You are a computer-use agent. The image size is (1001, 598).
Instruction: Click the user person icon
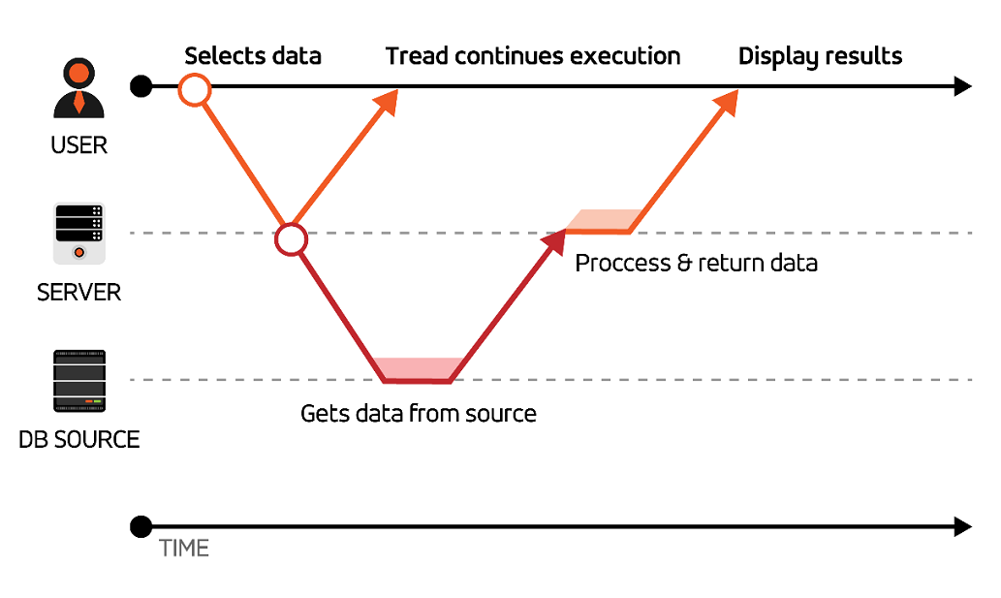[x=78, y=88]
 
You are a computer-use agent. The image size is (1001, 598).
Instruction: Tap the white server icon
[x=79, y=234]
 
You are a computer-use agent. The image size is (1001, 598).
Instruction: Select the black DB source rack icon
[x=79, y=381]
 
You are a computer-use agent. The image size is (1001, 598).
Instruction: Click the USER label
[x=79, y=145]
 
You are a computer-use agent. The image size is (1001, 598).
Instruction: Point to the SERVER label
[x=79, y=293]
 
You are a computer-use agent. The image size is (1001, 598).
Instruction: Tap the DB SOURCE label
[x=79, y=440]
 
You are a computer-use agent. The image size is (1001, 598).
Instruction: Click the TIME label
[x=184, y=549]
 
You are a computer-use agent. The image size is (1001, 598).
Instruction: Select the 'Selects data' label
[x=253, y=56]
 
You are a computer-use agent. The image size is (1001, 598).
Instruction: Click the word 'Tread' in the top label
[x=417, y=56]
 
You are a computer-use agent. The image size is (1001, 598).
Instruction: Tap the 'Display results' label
[x=821, y=57]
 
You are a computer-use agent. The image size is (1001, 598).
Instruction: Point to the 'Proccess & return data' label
[x=697, y=263]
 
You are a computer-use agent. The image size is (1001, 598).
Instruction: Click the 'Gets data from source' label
[x=419, y=414]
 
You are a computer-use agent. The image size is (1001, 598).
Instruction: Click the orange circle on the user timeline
[x=195, y=89]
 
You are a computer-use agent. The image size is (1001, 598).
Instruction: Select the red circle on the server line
[x=291, y=239]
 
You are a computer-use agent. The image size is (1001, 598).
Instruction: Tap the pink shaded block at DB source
[x=419, y=368]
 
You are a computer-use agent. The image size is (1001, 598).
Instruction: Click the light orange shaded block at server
[x=605, y=220]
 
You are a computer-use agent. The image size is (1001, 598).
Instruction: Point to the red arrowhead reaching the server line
[x=554, y=242]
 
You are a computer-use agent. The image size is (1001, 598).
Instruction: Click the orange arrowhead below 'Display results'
[x=727, y=102]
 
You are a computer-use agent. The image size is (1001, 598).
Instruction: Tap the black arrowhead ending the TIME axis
[x=962, y=526]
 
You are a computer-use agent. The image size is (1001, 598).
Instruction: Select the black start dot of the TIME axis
[x=141, y=526]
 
